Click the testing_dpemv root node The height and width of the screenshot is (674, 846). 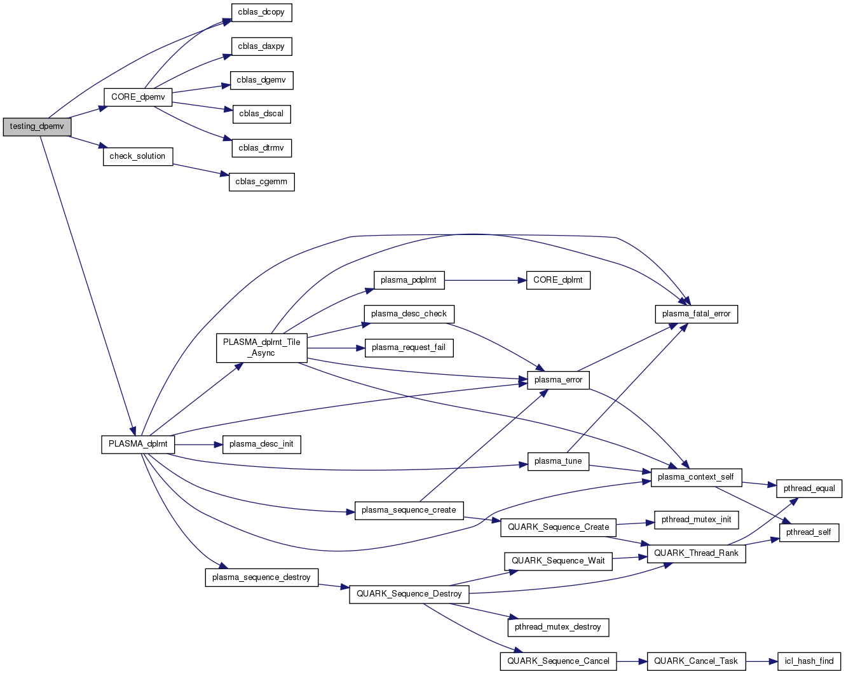tap(37, 126)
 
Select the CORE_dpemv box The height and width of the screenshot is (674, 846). tap(137, 97)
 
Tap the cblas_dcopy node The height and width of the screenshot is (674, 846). tap(261, 13)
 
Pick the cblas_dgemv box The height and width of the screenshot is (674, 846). tap(261, 81)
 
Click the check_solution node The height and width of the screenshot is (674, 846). tap(137, 156)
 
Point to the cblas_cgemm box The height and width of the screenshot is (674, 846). tap(261, 182)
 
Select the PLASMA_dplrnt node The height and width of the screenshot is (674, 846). tap(138, 444)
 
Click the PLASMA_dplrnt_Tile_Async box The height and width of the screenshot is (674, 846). tap(261, 347)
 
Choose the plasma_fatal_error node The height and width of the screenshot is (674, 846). tap(696, 314)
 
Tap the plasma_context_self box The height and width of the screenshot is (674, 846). tap(695, 477)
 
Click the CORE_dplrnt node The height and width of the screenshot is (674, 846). tap(557, 280)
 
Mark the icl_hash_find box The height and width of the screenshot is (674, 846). tap(808, 661)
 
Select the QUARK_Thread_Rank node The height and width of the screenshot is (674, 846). tap(696, 553)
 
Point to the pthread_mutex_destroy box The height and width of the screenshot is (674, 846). tap(557, 627)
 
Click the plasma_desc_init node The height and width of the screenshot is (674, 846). tap(261, 444)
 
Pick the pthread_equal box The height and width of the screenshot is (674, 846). tap(809, 489)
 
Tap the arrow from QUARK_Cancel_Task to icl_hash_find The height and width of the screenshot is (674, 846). tap(761, 661)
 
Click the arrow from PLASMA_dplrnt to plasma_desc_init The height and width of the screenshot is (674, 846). tap(198, 444)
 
